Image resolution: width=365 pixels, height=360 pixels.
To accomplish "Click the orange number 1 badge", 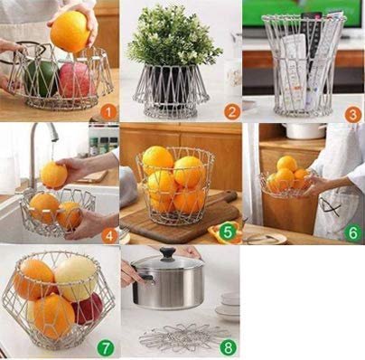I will point(108,111).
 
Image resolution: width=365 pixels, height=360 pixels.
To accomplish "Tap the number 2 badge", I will point(231,111).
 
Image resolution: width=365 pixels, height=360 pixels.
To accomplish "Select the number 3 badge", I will point(351,114).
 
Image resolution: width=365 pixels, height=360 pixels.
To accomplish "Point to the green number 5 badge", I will point(228,232).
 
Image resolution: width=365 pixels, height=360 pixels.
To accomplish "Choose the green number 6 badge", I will point(351,232).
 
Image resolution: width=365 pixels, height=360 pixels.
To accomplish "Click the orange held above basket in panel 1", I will point(70,32).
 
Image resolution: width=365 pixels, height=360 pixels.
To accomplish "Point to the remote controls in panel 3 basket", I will point(302,63).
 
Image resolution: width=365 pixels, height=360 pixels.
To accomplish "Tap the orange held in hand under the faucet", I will point(53,175).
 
